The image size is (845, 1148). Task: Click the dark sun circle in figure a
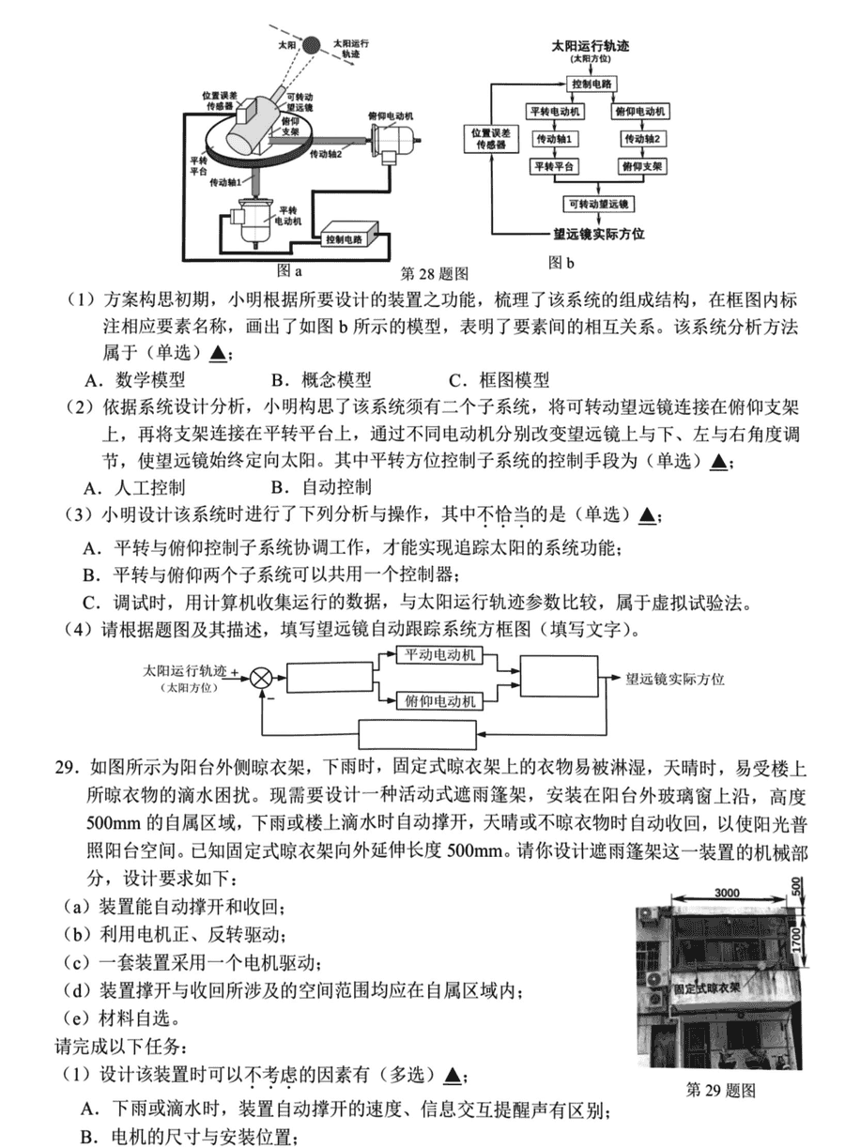coord(311,46)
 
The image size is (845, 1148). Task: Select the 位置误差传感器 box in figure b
coord(491,138)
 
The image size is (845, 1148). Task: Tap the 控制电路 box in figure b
coord(591,84)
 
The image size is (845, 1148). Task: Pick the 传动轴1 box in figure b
coord(554,139)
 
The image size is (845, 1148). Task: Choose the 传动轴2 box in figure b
coord(642,139)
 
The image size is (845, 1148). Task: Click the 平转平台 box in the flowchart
coord(554,166)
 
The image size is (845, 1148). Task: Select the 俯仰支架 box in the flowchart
coord(642,166)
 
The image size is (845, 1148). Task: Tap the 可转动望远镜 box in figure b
coord(598,204)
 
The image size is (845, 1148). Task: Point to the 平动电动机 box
coord(439,655)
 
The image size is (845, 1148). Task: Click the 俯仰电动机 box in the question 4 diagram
coord(439,700)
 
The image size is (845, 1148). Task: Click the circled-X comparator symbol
coord(261,679)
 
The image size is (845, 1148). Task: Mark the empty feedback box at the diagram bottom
coord(417,735)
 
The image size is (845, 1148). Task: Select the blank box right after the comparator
coord(330,678)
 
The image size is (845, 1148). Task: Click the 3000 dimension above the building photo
coord(727,893)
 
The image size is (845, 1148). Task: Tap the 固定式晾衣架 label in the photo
coord(707,987)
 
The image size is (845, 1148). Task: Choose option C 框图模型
coord(499,380)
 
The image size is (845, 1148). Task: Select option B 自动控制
coord(321,487)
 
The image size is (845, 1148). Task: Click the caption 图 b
coord(561,263)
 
